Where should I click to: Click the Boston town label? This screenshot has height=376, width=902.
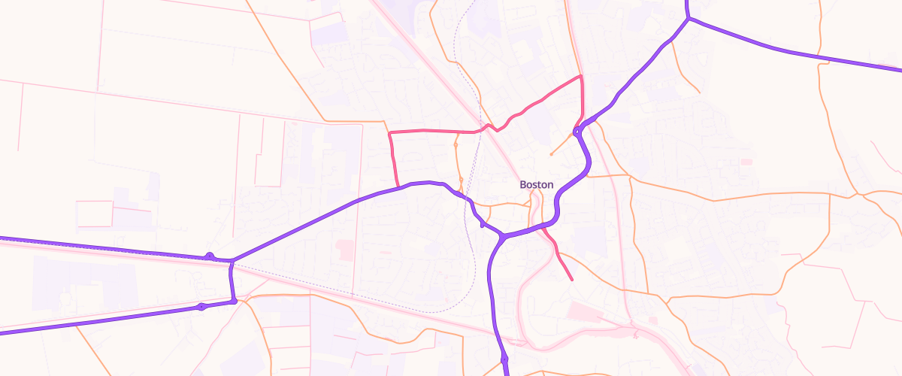coord(537,184)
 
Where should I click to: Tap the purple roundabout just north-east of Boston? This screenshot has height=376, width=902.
coord(577,132)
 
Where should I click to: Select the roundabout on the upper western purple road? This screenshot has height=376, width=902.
coord(210,256)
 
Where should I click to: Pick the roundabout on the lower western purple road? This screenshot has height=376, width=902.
coord(201,307)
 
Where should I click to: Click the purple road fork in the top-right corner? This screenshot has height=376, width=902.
coord(688,19)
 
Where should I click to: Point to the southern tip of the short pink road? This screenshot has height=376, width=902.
coord(572,280)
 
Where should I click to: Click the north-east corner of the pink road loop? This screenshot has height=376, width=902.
coord(581,76)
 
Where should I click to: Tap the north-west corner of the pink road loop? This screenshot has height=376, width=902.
coord(389,132)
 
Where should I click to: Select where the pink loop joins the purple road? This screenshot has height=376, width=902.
coord(398,186)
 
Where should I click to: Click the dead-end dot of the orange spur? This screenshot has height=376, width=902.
coord(552,155)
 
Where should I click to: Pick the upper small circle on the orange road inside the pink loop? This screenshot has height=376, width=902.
coord(456,143)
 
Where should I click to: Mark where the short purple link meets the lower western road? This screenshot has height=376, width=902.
coord(234,301)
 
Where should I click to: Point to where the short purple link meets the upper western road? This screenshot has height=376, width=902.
coord(232,261)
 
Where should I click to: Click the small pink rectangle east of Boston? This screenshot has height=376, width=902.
coord(746,162)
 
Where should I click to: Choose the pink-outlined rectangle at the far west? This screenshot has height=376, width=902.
coord(94,214)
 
